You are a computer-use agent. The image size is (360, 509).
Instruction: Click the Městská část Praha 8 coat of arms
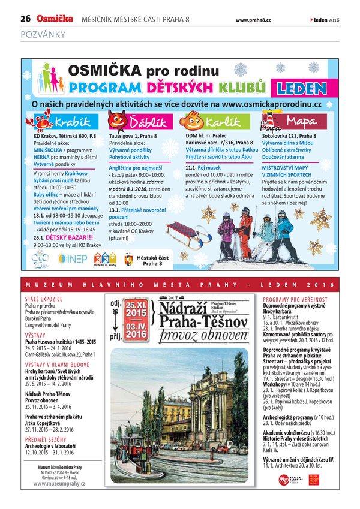tap(128, 260)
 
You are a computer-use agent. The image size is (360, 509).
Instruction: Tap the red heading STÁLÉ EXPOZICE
tap(42, 298)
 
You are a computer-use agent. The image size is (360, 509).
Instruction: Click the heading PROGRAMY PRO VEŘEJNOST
tap(295, 299)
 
